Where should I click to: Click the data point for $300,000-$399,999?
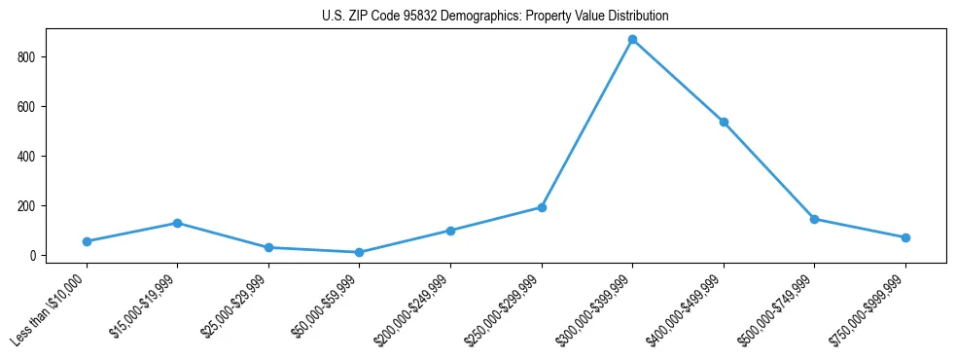pos(632,40)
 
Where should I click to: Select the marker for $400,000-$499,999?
pos(724,123)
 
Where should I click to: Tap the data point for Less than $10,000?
pos(87,241)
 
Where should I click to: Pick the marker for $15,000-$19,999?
pos(177,223)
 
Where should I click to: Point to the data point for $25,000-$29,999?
pos(268,247)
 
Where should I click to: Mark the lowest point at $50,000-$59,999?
pos(359,252)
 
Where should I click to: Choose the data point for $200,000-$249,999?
pos(450,231)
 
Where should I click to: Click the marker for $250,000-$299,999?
pos(542,207)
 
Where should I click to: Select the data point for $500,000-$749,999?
pos(814,219)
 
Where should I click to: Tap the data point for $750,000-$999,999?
pos(905,237)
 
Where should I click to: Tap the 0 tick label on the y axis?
pos(32,256)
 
